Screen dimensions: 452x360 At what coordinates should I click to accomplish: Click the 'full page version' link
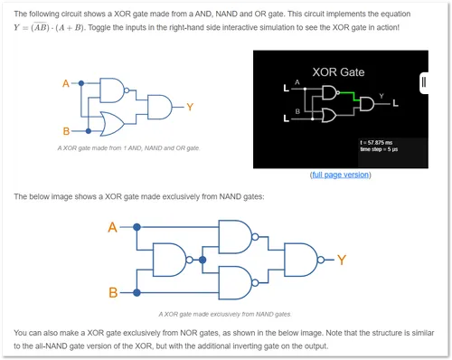click(x=341, y=175)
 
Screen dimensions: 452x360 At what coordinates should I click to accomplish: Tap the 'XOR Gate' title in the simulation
click(x=338, y=72)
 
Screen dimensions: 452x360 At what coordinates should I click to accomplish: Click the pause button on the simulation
click(x=424, y=82)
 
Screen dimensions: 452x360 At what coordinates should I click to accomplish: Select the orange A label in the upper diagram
click(x=66, y=83)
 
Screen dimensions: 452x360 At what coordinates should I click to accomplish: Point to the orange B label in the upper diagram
click(x=66, y=131)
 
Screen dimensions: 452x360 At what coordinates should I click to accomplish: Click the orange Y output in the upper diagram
click(x=190, y=107)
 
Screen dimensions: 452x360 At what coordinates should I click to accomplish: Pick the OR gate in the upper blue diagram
click(x=113, y=124)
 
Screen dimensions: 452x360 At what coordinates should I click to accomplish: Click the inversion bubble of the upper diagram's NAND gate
click(x=127, y=90)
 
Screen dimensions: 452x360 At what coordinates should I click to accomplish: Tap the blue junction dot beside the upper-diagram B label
click(x=89, y=131)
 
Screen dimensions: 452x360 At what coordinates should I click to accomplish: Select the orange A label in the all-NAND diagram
click(x=112, y=227)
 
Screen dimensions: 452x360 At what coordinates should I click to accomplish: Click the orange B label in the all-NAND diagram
click(x=113, y=292)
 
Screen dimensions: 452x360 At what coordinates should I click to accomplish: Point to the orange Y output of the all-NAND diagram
click(x=342, y=260)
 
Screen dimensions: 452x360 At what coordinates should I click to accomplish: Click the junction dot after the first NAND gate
click(x=202, y=260)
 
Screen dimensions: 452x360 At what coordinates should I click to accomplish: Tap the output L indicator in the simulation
click(x=396, y=104)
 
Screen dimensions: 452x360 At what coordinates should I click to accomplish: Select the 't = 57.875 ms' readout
click(x=376, y=143)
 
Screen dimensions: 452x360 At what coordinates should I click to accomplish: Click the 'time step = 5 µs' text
click(x=379, y=149)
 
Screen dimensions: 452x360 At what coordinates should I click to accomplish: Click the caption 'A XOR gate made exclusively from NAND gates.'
click(x=225, y=315)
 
